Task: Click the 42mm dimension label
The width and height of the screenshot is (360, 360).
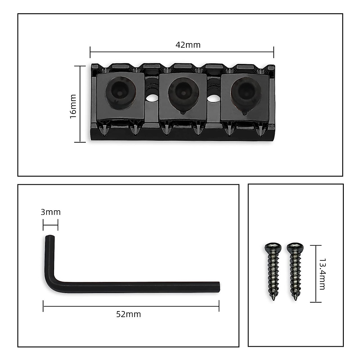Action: click(x=188, y=45)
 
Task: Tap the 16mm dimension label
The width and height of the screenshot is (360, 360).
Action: click(x=73, y=106)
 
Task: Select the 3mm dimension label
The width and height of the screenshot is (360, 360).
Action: click(x=51, y=212)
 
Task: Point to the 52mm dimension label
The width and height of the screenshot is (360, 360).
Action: click(x=128, y=314)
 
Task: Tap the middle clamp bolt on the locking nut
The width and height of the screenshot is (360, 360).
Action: click(x=182, y=91)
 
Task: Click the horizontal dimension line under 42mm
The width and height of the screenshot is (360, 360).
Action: click(x=182, y=52)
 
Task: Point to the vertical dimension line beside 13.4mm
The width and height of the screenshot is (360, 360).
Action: click(x=315, y=274)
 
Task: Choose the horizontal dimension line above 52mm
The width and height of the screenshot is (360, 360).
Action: click(x=131, y=306)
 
